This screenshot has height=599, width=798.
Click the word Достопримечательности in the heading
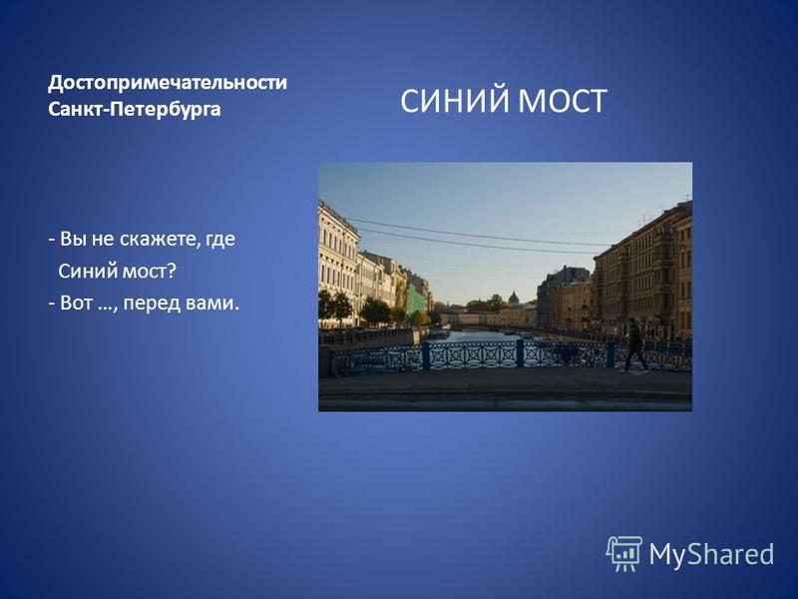click(168, 83)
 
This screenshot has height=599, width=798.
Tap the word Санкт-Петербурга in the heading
click(135, 109)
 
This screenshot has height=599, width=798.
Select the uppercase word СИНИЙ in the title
click(454, 101)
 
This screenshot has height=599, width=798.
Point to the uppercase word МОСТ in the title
click(562, 101)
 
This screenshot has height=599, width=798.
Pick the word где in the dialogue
click(219, 240)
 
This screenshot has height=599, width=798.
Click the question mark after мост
click(171, 271)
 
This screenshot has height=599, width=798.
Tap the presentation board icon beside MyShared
click(624, 554)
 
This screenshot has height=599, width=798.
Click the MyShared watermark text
click(711, 554)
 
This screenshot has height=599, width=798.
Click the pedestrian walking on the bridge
click(634, 345)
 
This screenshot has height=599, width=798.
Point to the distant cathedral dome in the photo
click(514, 298)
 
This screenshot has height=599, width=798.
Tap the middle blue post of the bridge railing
click(520, 353)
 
